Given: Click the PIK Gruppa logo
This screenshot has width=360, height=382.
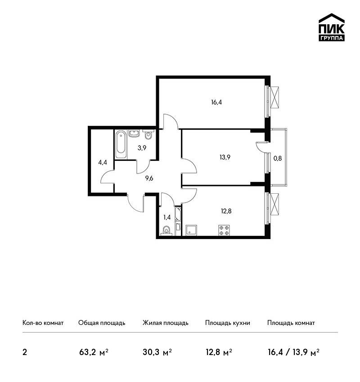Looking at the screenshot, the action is [332, 27].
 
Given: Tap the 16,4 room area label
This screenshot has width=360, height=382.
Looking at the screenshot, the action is [216, 102].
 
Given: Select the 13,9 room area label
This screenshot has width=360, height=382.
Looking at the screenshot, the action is [225, 157].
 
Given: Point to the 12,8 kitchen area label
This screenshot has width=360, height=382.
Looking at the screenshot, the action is [226, 211].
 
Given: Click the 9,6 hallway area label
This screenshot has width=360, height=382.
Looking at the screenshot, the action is [149, 178].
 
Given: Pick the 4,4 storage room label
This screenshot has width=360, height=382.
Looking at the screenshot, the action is [103, 163].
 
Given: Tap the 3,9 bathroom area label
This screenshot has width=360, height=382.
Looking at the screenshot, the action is [142, 148].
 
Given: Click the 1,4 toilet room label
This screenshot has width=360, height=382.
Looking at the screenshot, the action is [167, 218].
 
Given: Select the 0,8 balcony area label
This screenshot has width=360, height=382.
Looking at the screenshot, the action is [278, 158].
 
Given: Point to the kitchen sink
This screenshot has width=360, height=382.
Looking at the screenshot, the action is [191, 230].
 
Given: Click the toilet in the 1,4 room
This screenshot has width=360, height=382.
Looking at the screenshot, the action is [166, 231].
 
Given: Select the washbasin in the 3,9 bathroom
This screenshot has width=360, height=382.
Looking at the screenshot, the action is [134, 134].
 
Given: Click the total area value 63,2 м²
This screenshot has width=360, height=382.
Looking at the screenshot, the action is [94, 352].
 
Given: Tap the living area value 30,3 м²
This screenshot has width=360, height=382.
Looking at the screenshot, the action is [157, 352].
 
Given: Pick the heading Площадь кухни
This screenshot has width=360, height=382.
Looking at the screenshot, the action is [228, 323].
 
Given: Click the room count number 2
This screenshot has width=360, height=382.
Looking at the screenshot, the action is [25, 352].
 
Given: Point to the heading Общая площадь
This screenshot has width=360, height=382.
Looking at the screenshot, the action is [102, 323].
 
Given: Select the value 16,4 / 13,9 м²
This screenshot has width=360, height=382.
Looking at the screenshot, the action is [294, 352].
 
